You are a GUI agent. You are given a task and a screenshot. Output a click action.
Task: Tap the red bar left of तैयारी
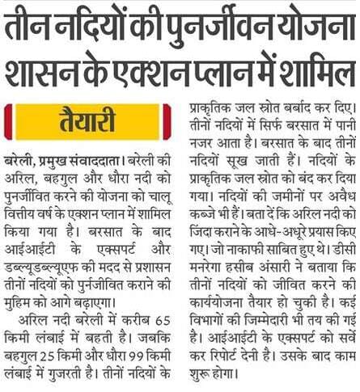coord(7,120)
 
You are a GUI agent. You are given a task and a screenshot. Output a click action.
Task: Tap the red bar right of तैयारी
coord(167,120)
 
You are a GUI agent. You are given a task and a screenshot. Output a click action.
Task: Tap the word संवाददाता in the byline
coord(95,154)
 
